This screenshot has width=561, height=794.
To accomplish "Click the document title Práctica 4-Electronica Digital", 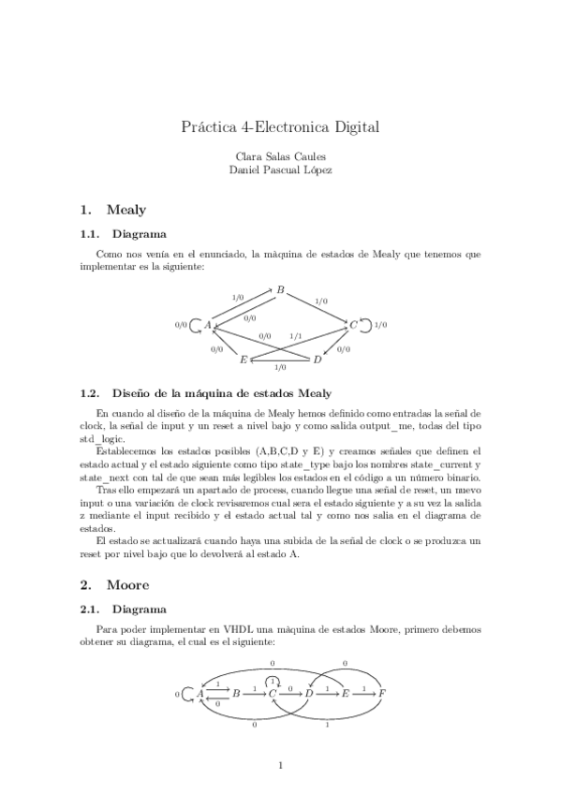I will click(x=280, y=125).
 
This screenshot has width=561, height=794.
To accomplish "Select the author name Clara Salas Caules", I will click(x=280, y=156).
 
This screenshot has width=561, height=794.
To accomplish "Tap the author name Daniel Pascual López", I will click(x=280, y=169).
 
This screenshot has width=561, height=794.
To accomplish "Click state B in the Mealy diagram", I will click(x=280, y=290).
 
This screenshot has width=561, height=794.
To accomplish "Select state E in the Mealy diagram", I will click(x=244, y=360).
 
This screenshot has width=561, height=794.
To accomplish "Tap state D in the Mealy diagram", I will click(x=317, y=360).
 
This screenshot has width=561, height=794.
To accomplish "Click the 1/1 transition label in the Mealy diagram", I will click(x=296, y=335).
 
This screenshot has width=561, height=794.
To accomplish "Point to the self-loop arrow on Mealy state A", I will click(x=195, y=326).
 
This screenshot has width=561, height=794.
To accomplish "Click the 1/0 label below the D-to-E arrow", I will click(x=280, y=368).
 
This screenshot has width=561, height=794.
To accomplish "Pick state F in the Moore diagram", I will click(x=382, y=693).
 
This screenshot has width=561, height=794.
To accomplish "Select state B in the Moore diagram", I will click(x=236, y=693).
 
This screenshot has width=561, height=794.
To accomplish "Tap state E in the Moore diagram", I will click(x=346, y=693).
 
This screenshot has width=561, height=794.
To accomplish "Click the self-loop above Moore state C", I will click(x=273, y=679).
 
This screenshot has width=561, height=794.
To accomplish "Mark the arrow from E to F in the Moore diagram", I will click(x=363, y=693).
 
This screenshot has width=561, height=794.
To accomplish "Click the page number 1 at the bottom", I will click(x=280, y=765).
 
